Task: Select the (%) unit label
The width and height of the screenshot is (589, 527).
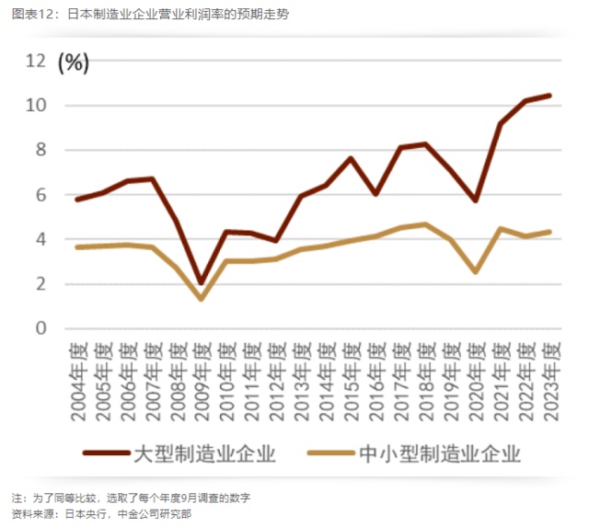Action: tap(74, 63)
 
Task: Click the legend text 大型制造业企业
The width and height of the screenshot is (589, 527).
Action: tap(204, 453)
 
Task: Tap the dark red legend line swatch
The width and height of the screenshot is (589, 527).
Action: tap(105, 453)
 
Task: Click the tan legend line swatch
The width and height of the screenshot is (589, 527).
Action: tap(330, 453)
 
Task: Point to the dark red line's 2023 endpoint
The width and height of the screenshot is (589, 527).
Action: tap(549, 96)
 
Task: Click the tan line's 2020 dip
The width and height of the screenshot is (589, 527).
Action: tap(475, 271)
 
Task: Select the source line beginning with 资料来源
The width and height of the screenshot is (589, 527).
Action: tap(101, 513)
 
